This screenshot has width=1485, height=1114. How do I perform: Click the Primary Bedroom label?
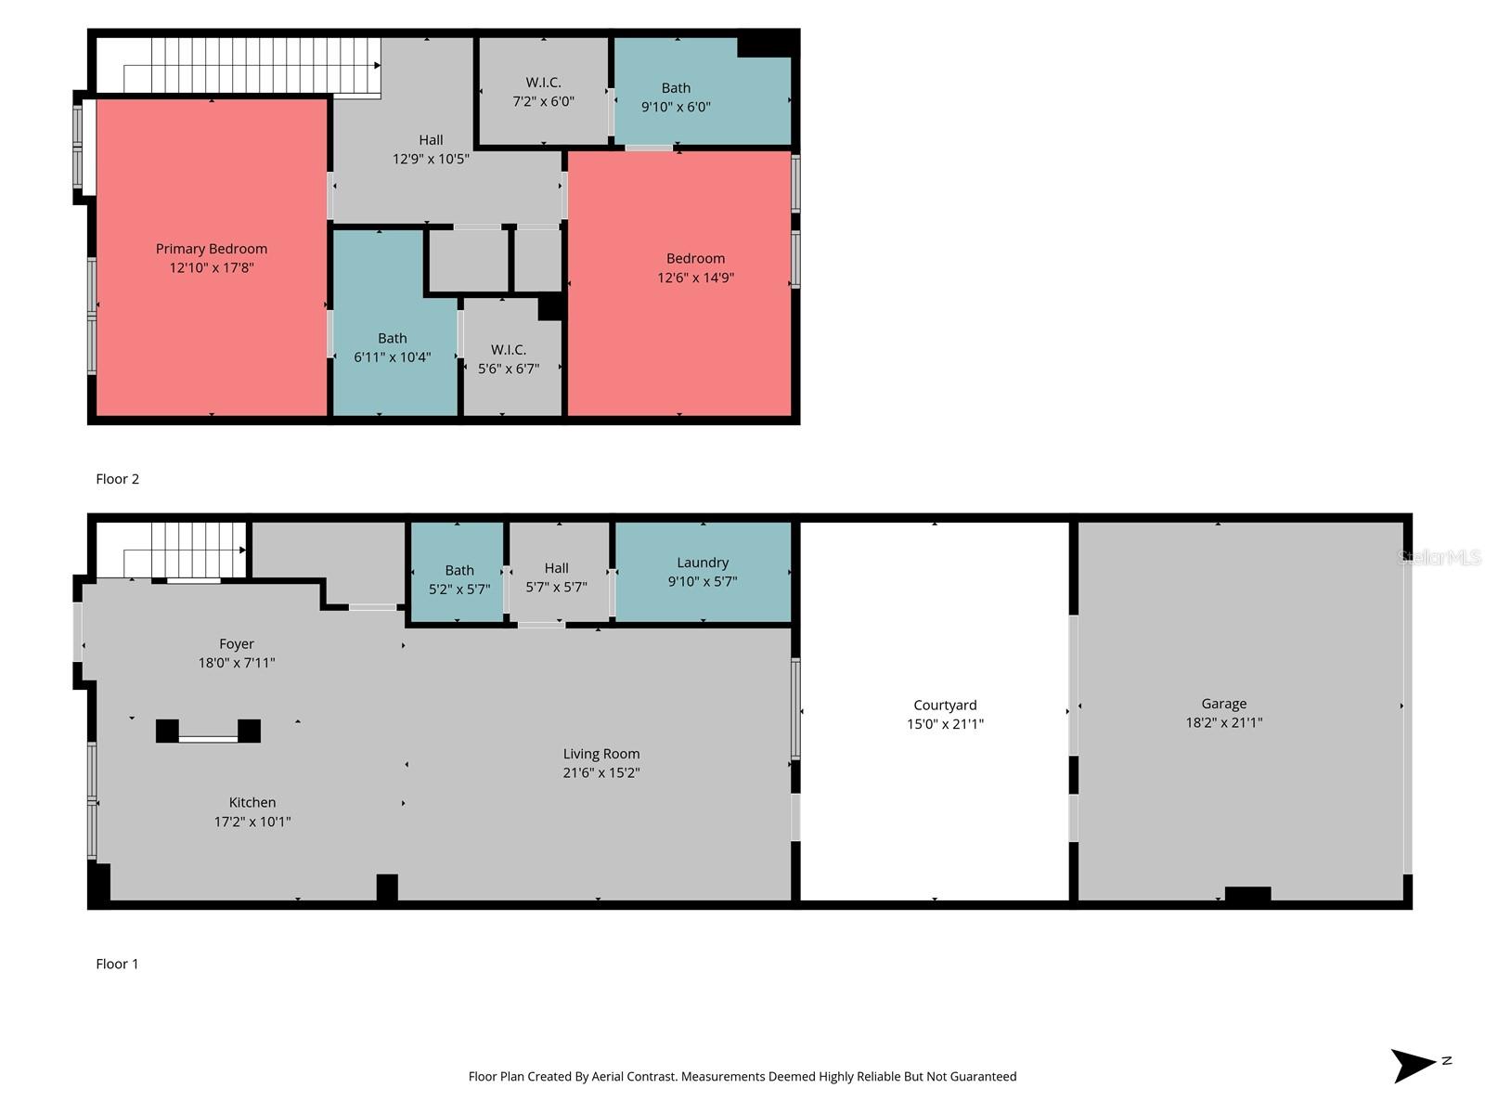pos(212,249)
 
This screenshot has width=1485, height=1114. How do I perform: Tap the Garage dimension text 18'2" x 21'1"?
pos(1223,722)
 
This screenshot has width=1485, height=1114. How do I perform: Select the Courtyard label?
pos(945,706)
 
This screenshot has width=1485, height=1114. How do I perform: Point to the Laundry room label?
pos(703,563)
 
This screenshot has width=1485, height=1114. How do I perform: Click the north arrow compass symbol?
pos(1414,1065)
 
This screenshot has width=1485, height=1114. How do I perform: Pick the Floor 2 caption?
pos(117,479)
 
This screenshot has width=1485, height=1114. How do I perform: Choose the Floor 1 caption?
pos(117,964)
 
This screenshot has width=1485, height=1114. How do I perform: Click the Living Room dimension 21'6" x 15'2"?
pos(601,772)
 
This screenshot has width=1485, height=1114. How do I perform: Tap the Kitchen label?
pos(252,802)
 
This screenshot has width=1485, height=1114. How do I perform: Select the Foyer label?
pos(237,643)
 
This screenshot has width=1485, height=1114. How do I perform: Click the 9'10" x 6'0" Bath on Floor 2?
pos(676,97)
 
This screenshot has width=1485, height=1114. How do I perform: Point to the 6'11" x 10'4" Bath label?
pos(392,347)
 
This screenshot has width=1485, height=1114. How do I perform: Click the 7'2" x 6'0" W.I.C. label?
pos(543,92)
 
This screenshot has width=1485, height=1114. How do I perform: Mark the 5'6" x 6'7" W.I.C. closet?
pos(509,358)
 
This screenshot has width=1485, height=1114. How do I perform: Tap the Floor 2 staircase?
pos(251,65)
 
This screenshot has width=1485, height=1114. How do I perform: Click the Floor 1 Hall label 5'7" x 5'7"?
pos(557,577)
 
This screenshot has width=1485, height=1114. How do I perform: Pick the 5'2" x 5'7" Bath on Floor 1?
pos(459,579)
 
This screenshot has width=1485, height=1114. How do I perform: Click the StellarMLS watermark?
pos(1439,557)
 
